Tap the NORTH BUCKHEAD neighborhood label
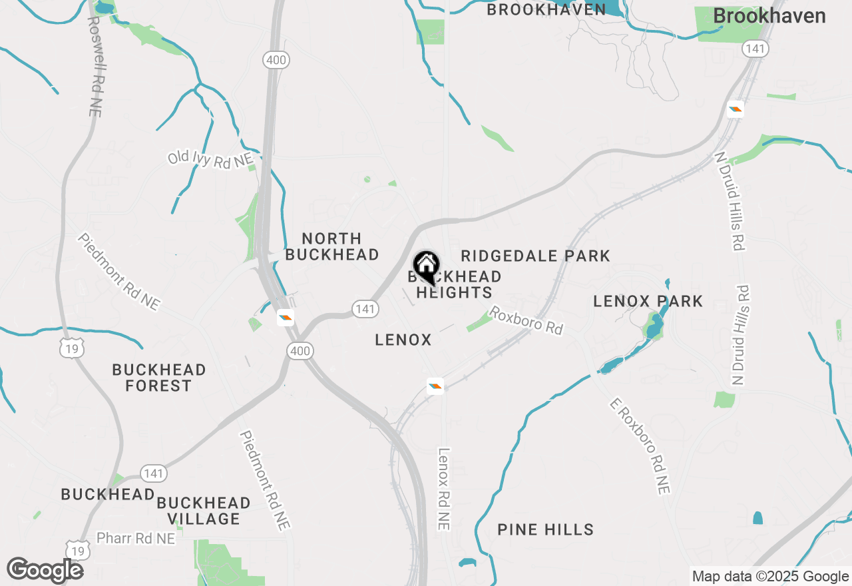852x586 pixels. [331, 246]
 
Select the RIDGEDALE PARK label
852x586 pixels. [535, 256]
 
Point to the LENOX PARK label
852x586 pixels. [648, 301]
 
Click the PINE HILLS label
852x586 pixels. [545, 529]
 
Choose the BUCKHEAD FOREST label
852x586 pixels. [158, 378]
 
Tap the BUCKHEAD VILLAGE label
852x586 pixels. [204, 511]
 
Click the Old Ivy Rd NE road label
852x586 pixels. [210, 159]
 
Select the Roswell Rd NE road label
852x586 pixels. [95, 67]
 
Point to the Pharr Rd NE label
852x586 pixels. [136, 538]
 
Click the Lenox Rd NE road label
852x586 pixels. [444, 489]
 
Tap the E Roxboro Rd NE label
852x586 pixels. [640, 446]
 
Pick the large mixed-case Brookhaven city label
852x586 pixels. [769, 17]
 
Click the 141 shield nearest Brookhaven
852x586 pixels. [755, 49]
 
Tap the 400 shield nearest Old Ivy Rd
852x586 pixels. [276, 60]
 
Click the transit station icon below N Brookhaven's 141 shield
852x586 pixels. [735, 109]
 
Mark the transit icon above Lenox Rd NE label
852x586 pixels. [435, 386]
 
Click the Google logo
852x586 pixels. [45, 570]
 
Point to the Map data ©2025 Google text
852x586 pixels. [770, 577]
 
